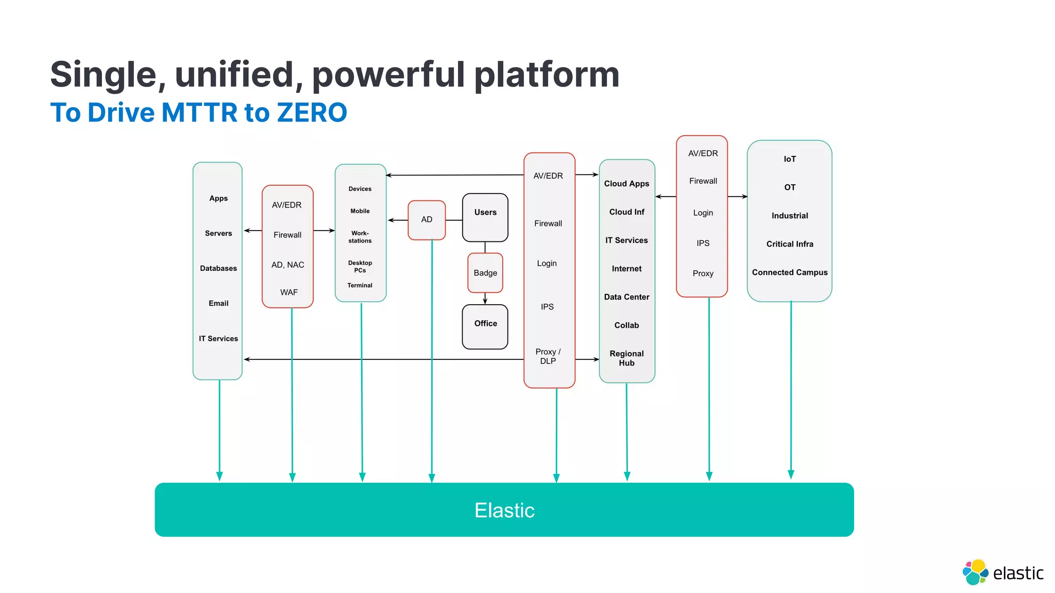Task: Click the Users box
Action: (x=485, y=217)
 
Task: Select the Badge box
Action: (x=485, y=273)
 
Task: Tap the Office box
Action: (x=485, y=326)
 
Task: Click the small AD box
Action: (x=427, y=220)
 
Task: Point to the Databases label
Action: (x=218, y=268)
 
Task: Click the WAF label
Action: (x=288, y=292)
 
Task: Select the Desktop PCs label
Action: (x=360, y=267)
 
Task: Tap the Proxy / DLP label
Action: (x=548, y=356)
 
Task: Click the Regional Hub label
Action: (x=626, y=358)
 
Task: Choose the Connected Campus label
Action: (x=789, y=272)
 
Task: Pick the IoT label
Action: (x=789, y=159)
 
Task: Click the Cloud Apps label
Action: (x=626, y=184)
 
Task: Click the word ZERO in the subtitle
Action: (x=312, y=113)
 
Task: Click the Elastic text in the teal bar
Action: (x=504, y=510)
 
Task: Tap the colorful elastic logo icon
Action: (x=975, y=572)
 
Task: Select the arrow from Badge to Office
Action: (x=485, y=299)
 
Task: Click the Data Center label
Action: (x=626, y=297)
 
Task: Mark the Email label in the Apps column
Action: (x=218, y=303)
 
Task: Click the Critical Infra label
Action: (x=789, y=244)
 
